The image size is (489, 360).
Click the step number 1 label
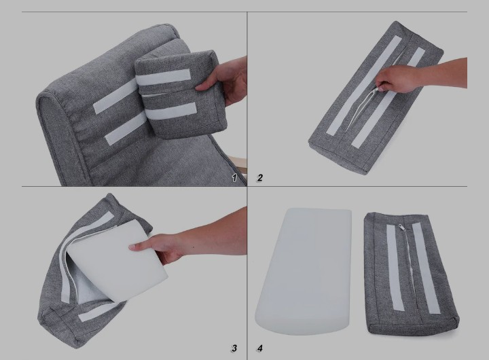point(234,178)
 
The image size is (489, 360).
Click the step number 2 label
point(259,178)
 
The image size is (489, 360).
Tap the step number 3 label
point(234,348)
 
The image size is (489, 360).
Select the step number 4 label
point(259,348)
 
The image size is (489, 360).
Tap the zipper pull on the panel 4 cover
point(402,228)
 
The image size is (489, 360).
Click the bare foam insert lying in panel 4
point(304,272)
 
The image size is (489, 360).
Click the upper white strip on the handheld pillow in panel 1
point(164,77)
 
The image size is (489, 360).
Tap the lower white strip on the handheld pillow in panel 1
point(171,111)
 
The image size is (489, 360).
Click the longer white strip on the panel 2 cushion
point(363,86)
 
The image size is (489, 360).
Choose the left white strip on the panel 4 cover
point(395,268)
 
